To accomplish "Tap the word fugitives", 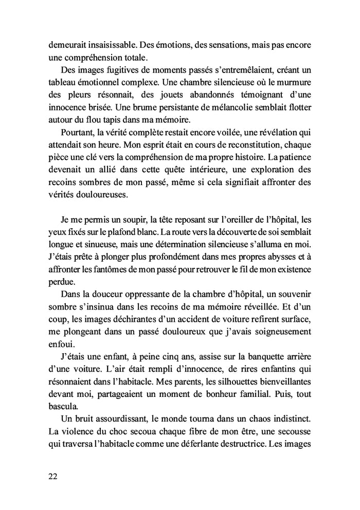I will (117, 69).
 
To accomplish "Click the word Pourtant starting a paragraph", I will (77, 132).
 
